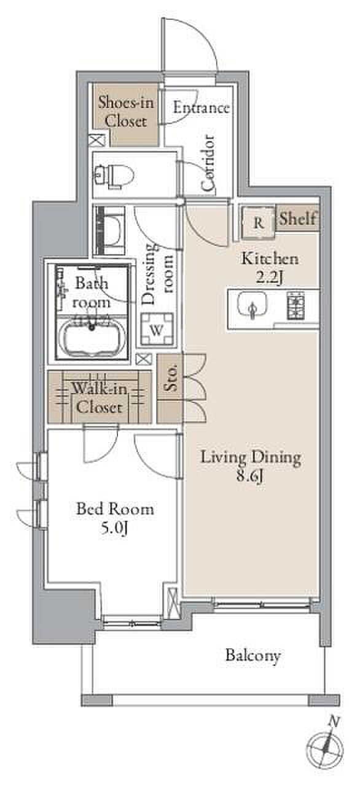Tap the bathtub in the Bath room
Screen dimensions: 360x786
(x=94, y=336)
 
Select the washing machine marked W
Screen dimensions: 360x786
(x=157, y=329)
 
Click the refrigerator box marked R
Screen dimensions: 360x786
(x=258, y=223)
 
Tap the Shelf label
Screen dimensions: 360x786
(x=297, y=219)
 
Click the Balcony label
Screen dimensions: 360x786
(x=253, y=655)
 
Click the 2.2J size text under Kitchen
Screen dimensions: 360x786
(x=270, y=277)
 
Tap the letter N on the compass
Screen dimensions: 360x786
(x=335, y=721)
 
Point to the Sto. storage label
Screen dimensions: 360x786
(x=171, y=377)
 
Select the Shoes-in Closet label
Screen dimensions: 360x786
(x=125, y=112)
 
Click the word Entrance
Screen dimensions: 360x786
(x=202, y=107)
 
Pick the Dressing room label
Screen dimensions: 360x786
(x=157, y=273)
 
